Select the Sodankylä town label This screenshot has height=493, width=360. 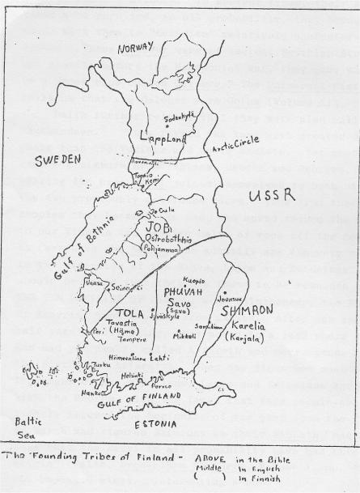point(180,118)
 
